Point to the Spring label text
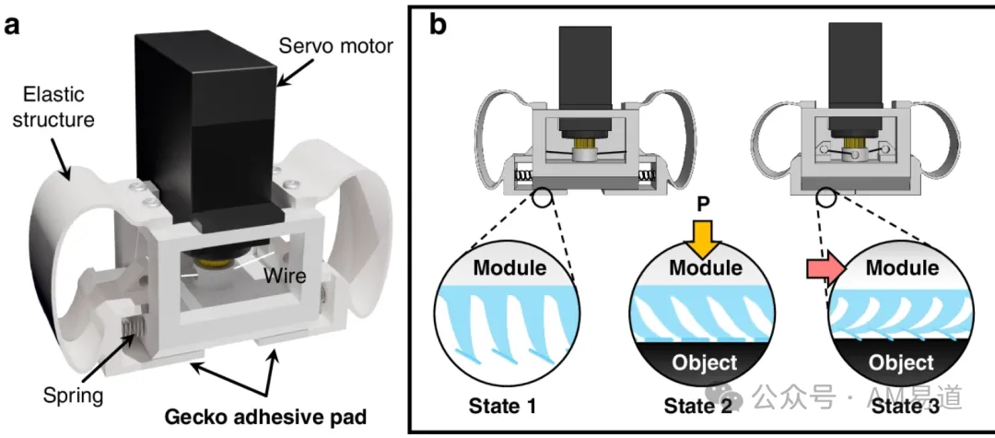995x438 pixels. coord(73,397)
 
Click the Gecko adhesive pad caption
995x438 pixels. coord(265,417)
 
